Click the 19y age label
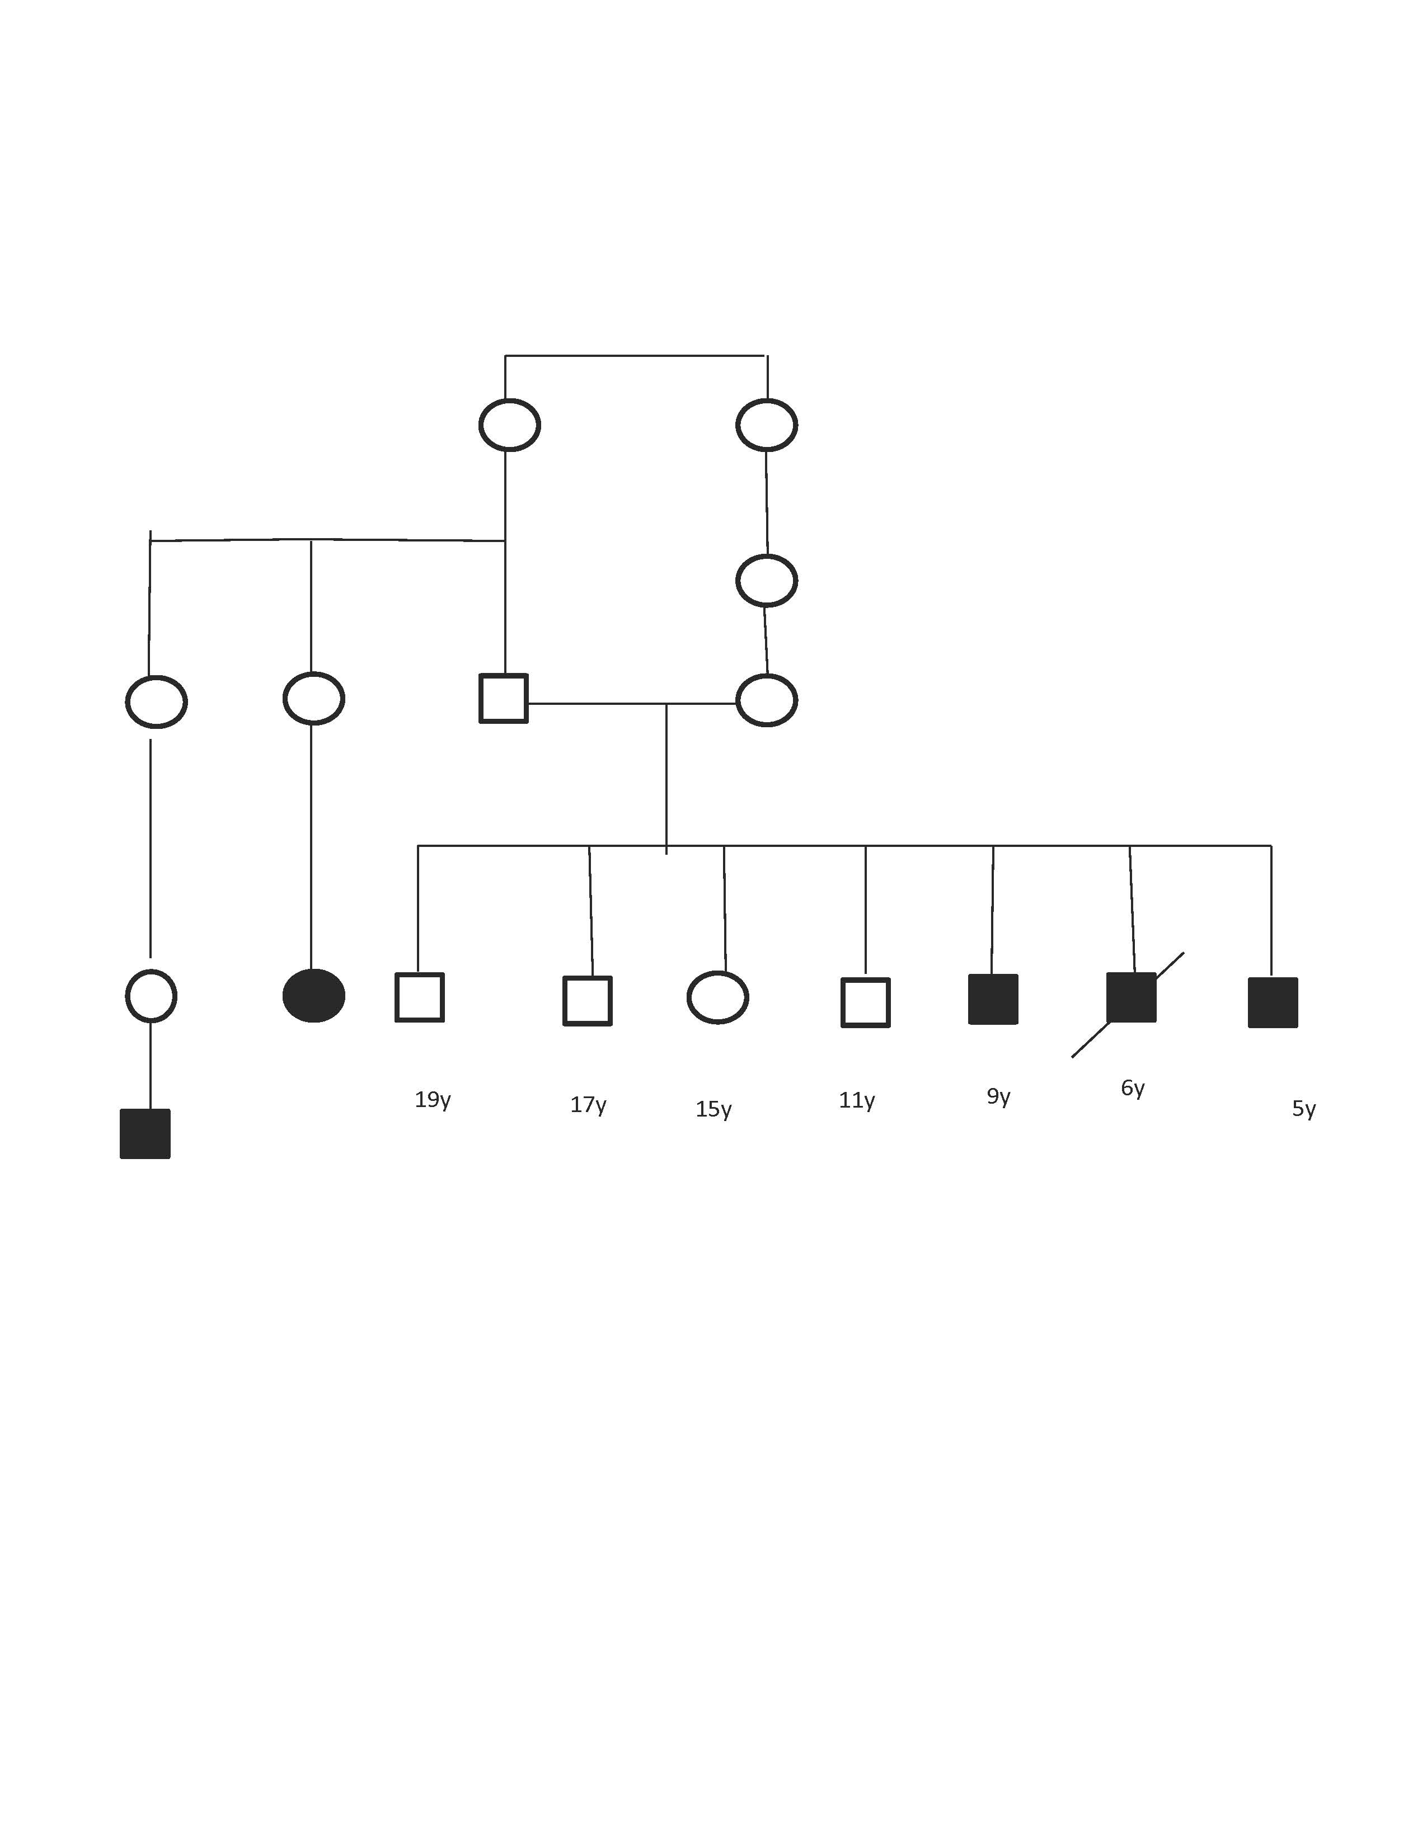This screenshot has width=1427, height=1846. pos(432,1100)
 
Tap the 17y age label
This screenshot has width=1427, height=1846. pos(588,1105)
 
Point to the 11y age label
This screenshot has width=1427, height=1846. pos(856,1100)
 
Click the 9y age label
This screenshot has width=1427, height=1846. pos(998,1096)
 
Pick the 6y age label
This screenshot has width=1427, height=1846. pos(1133,1088)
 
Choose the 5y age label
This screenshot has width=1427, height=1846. pos(1303,1108)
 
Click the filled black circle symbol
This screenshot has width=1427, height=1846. pos(313,996)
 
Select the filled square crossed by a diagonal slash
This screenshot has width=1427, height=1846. pos(1131,997)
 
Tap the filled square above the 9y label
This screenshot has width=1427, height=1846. pos(993,999)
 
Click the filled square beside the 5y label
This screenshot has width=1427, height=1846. pos(1273,1002)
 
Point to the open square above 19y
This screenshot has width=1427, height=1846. pos(419,997)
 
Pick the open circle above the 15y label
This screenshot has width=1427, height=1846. pos(718,997)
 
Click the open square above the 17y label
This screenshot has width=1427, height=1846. pos(588,1001)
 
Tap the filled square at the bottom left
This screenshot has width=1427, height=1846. pos(145,1133)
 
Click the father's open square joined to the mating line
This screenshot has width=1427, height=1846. pos(504,698)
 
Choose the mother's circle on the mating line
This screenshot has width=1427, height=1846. pos(767,700)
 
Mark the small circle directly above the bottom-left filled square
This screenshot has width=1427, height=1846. pos(151,996)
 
